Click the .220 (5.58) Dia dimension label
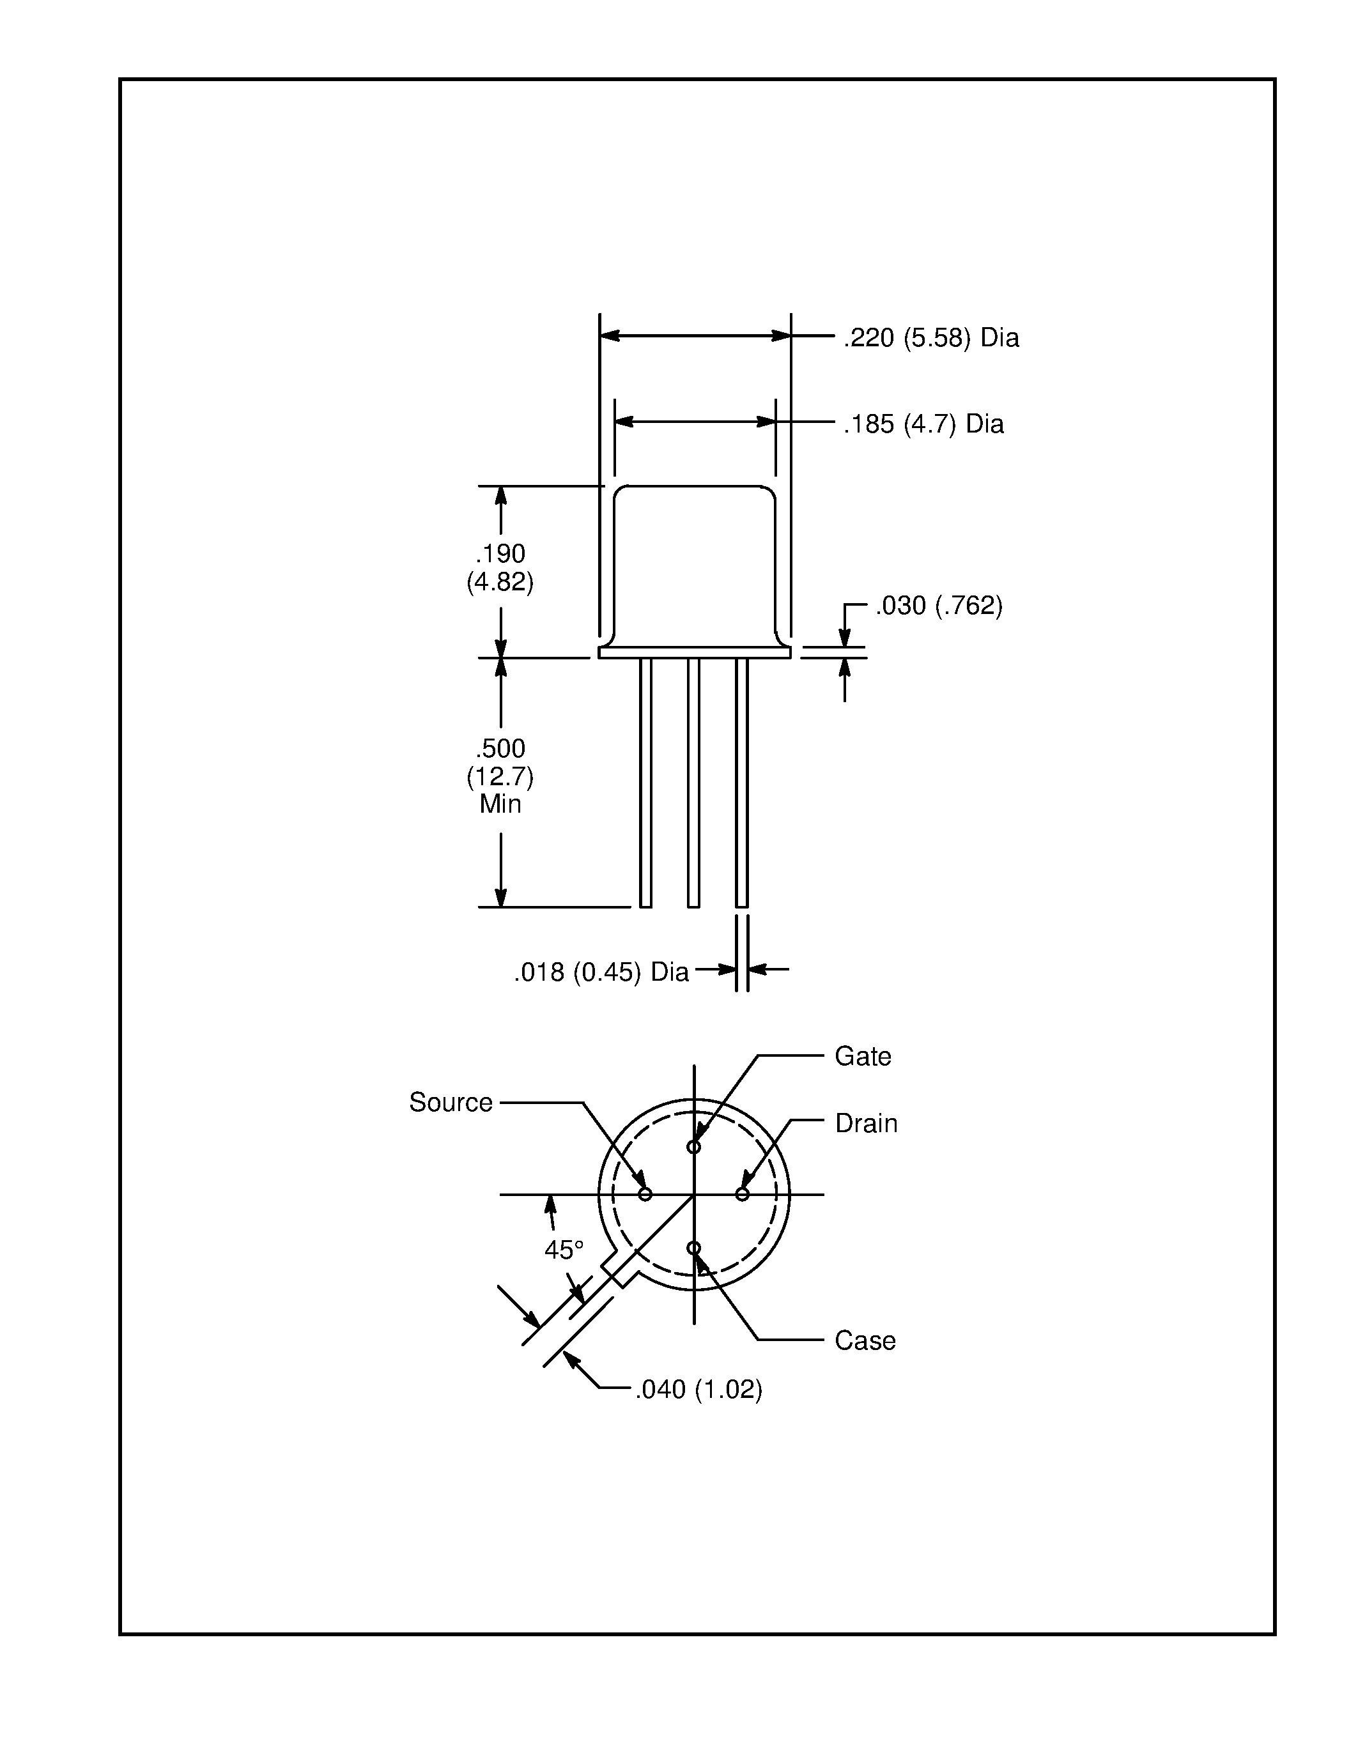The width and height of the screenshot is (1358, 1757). (x=931, y=338)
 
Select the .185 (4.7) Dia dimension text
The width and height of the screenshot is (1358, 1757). (x=923, y=424)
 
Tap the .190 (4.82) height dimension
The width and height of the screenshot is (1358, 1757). (x=500, y=567)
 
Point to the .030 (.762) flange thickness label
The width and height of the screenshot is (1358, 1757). (x=939, y=606)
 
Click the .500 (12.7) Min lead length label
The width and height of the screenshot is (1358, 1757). (x=500, y=776)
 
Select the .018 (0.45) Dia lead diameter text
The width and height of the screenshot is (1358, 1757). (x=601, y=972)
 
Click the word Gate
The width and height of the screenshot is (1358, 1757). (x=863, y=1056)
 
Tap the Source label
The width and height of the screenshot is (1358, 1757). (x=451, y=1102)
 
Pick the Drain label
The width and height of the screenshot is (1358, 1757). (x=866, y=1123)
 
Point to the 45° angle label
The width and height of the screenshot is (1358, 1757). (x=563, y=1249)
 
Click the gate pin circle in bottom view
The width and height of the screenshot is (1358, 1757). (x=693, y=1146)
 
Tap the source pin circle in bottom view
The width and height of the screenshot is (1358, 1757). (x=644, y=1194)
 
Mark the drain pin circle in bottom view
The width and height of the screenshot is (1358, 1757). (x=742, y=1194)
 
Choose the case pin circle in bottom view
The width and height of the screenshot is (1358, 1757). (x=693, y=1248)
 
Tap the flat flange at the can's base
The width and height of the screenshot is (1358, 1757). (x=694, y=652)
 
